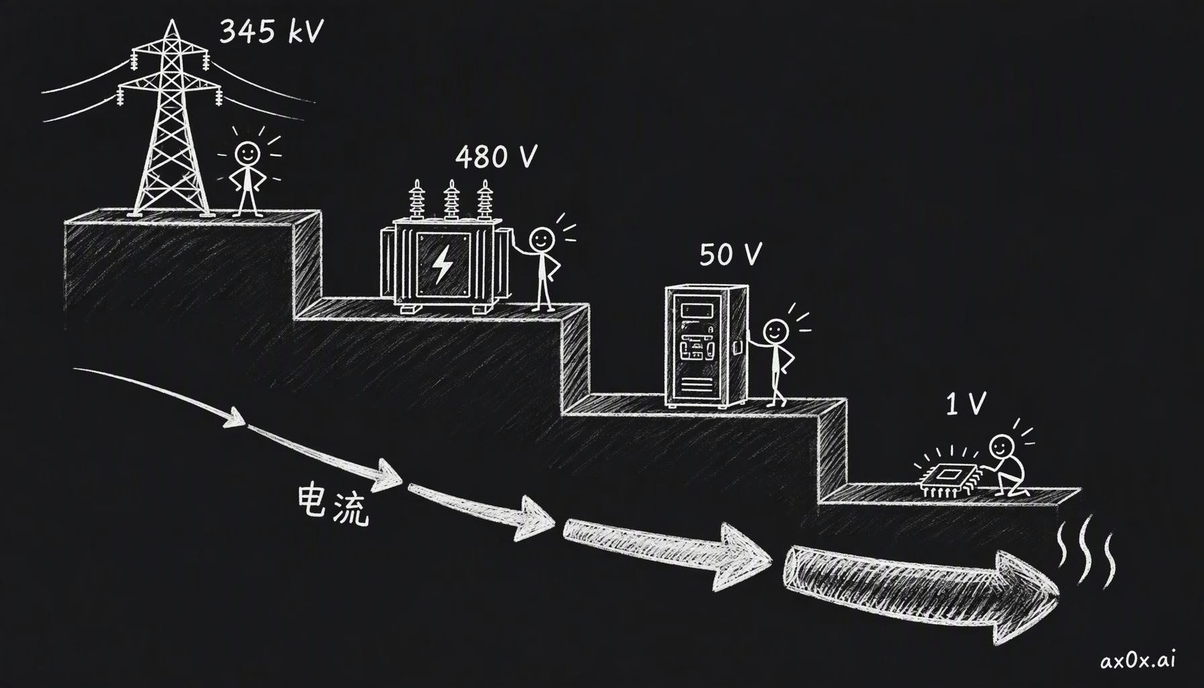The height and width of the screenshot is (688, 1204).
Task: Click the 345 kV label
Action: [271, 31]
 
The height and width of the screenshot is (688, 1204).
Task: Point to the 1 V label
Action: [965, 403]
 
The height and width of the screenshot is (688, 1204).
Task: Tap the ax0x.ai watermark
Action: [1138, 660]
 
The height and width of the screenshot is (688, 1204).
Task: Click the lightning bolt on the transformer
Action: [442, 264]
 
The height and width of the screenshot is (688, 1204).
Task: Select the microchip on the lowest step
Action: [946, 476]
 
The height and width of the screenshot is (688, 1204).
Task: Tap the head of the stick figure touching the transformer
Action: [542, 239]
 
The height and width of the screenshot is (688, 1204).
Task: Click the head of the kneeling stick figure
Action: [1002, 445]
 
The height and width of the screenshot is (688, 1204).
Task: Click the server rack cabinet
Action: [706, 345]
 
